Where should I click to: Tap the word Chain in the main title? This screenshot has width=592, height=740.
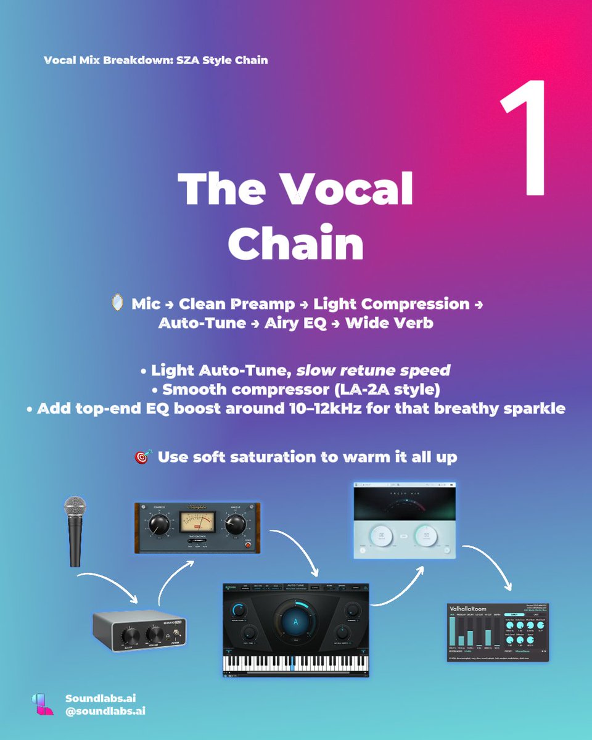[296, 244]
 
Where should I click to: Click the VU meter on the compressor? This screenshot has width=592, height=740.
[195, 523]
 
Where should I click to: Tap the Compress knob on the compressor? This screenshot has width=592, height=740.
[159, 525]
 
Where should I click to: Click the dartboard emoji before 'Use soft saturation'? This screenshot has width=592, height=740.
[142, 458]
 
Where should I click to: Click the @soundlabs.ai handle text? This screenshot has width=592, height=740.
[105, 711]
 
